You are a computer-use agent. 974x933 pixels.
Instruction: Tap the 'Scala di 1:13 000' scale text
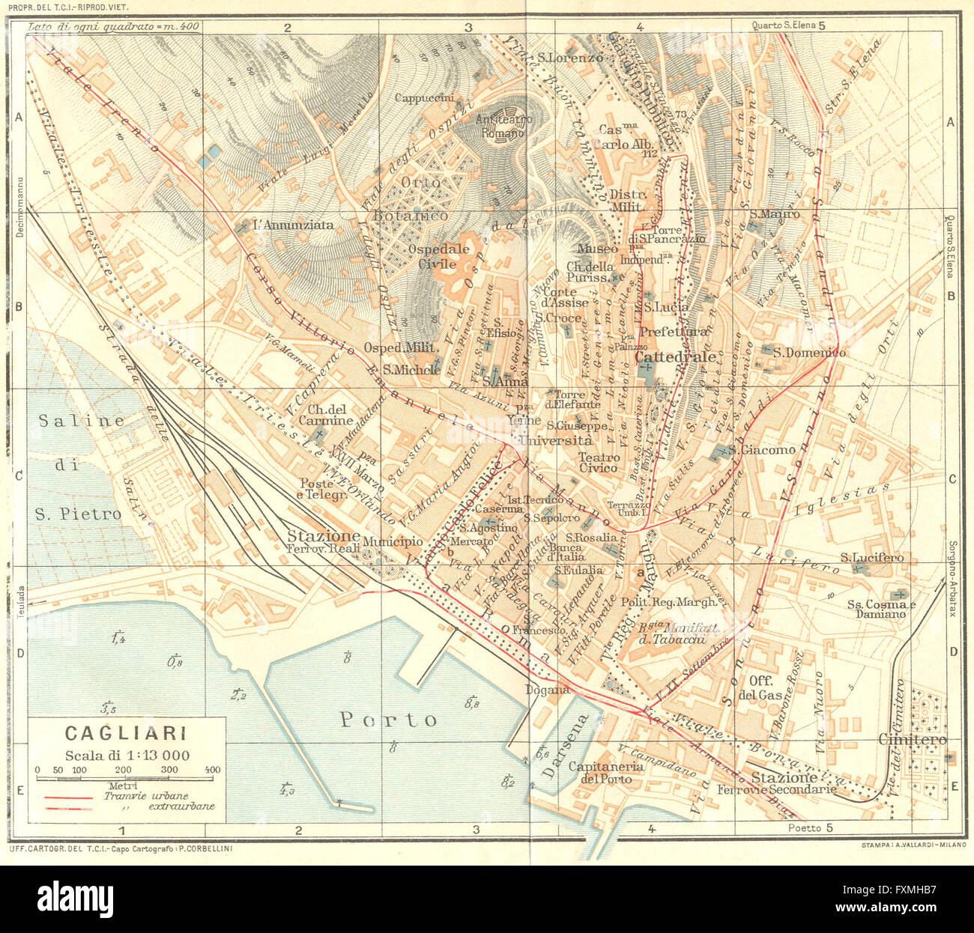click(x=127, y=755)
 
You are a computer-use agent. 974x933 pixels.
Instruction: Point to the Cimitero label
click(x=912, y=739)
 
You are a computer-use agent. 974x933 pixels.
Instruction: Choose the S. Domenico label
click(x=809, y=353)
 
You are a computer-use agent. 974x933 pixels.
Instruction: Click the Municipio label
click(x=393, y=541)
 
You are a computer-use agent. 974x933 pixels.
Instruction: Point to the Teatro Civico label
click(x=598, y=462)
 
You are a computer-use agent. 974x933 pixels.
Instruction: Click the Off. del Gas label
click(x=765, y=687)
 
